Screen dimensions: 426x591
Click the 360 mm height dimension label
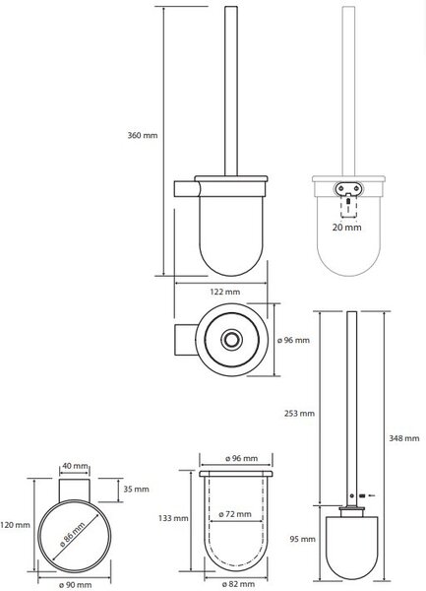tap(143, 135)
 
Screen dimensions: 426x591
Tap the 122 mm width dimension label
tap(224, 292)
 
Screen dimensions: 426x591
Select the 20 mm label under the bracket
tap(346, 228)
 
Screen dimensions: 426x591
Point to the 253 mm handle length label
tap(299, 414)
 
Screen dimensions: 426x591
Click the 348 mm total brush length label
tap(403, 438)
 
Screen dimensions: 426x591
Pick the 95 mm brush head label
tap(303, 540)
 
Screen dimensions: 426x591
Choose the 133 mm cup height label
tap(173, 518)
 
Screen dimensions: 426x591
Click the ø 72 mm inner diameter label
tap(235, 514)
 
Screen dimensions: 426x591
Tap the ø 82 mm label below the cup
tap(238, 584)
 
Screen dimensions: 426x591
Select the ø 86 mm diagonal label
tap(73, 534)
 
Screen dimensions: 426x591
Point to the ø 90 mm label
tap(76, 584)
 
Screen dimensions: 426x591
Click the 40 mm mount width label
tap(76, 466)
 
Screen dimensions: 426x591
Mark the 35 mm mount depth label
tap(136, 490)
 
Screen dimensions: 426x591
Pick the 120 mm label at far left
tap(15, 525)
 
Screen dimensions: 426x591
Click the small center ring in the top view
tap(229, 339)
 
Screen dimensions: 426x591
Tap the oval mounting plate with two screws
tap(348, 187)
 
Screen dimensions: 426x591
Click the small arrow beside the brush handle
tap(371, 495)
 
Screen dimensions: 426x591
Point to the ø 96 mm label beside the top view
tap(293, 340)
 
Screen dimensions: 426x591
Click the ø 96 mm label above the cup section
tap(242, 458)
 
